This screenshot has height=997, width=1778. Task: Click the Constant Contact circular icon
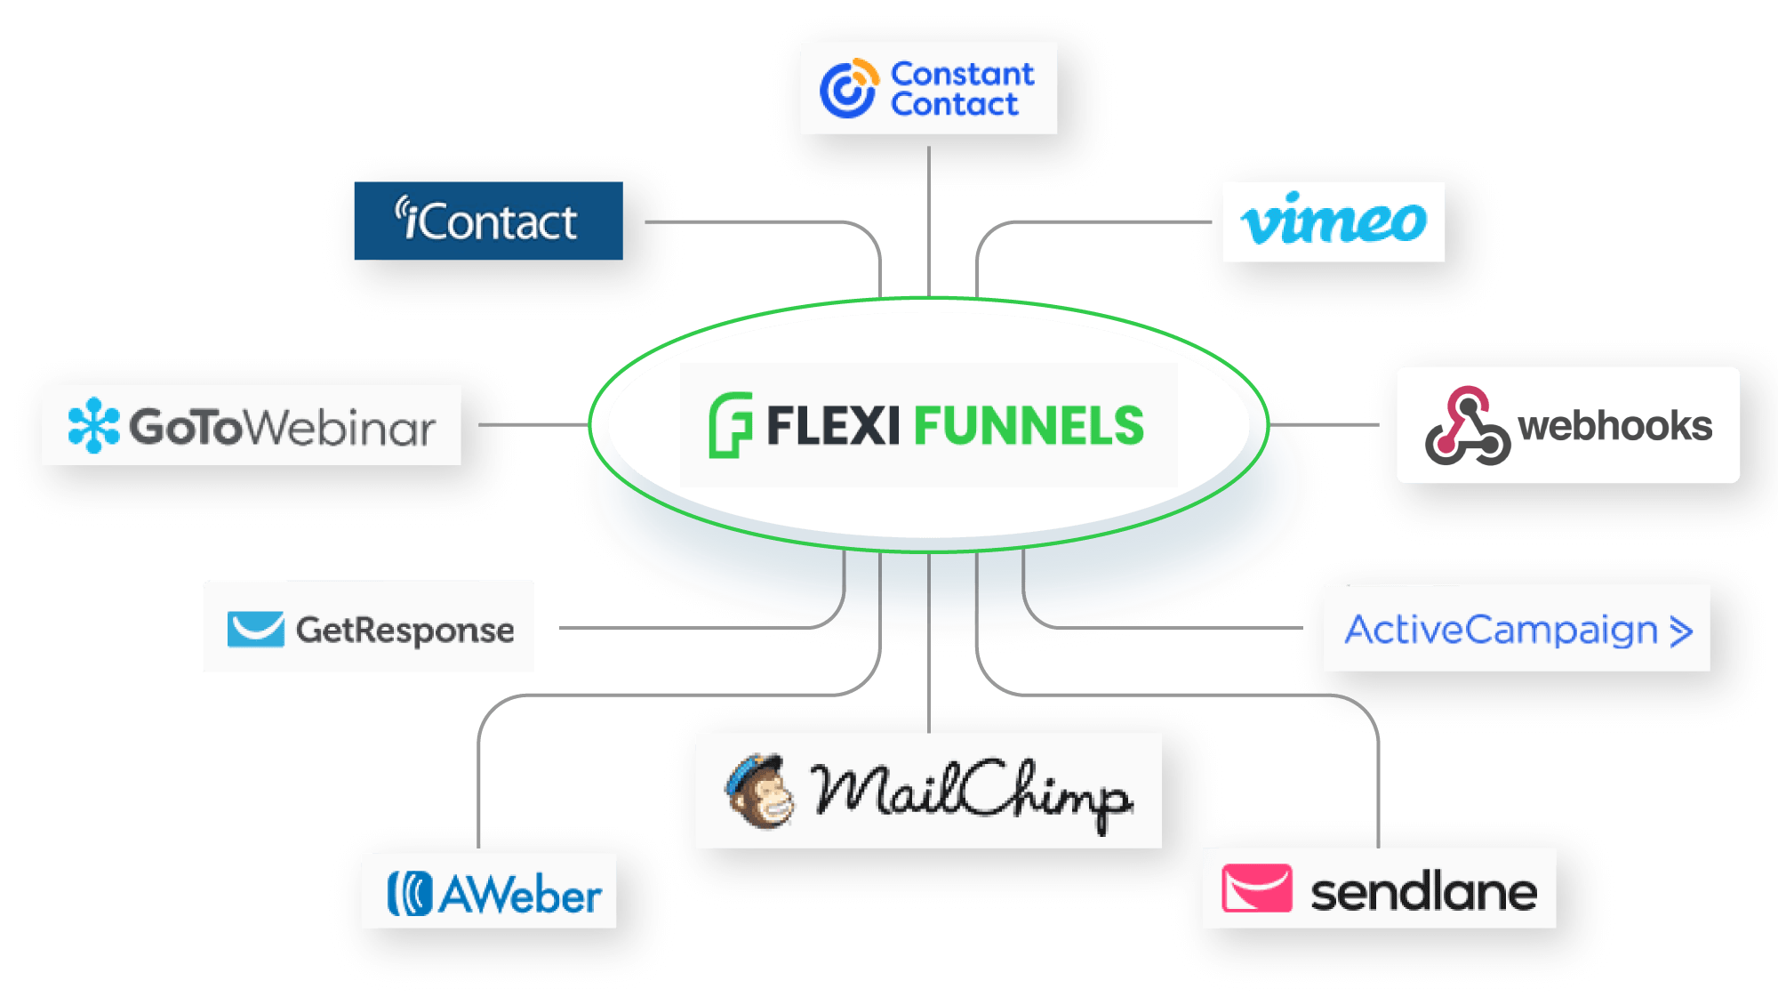848,88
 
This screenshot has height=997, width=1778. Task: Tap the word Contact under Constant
954,105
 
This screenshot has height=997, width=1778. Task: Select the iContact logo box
488,221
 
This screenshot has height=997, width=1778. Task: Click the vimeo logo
1333,221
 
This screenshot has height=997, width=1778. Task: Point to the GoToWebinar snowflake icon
93,425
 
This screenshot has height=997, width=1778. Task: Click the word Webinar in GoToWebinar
340,427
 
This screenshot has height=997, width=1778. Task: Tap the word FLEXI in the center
833,426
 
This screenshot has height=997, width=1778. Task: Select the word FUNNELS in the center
1029,426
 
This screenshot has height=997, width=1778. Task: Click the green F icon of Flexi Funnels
730,425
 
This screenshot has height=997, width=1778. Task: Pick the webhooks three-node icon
1467,426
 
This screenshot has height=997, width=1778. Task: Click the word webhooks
1614,426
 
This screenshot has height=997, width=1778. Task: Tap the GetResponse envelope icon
255,629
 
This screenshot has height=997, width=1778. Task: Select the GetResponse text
404,630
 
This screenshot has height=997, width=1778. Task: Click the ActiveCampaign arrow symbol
1680,631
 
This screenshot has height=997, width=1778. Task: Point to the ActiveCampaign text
1501,630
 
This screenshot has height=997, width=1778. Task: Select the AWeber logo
494,893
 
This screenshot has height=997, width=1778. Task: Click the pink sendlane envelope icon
1256,888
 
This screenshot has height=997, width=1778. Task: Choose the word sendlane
1423,891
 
